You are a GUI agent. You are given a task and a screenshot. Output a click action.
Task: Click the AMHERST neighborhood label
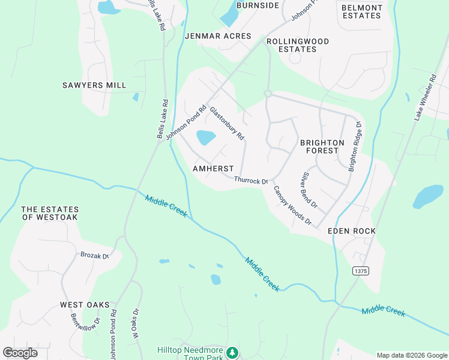pos(212,169)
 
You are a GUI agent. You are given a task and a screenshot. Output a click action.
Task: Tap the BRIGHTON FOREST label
pos(322,146)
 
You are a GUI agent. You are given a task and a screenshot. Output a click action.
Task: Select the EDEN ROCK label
pos(352,231)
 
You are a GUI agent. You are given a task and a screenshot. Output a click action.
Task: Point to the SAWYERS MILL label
pos(94,85)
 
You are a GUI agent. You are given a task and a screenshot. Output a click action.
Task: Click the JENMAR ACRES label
pos(218,36)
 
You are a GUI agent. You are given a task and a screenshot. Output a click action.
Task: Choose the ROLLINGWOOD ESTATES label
pos(298,45)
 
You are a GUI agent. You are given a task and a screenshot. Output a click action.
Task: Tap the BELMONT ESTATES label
pos(361,11)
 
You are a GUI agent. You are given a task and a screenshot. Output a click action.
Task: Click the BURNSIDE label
pos(258,5)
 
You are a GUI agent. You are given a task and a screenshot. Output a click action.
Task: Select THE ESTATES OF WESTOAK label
pos(50,213)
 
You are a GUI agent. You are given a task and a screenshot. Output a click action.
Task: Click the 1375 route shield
pos(361,271)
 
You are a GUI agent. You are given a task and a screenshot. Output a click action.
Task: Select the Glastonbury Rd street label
pos(227,123)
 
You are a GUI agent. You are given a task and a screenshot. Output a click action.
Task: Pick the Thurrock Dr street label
pos(250,180)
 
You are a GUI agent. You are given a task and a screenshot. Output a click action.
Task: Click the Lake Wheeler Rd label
pos(424,98)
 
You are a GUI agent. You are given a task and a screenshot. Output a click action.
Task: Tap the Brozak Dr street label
pos(94,255)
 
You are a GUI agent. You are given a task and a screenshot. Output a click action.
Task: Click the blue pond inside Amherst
pos(206,138)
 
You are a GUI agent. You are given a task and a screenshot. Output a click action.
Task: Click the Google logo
pos(20,353)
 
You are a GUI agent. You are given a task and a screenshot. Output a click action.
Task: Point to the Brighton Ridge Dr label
pos(355,147)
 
